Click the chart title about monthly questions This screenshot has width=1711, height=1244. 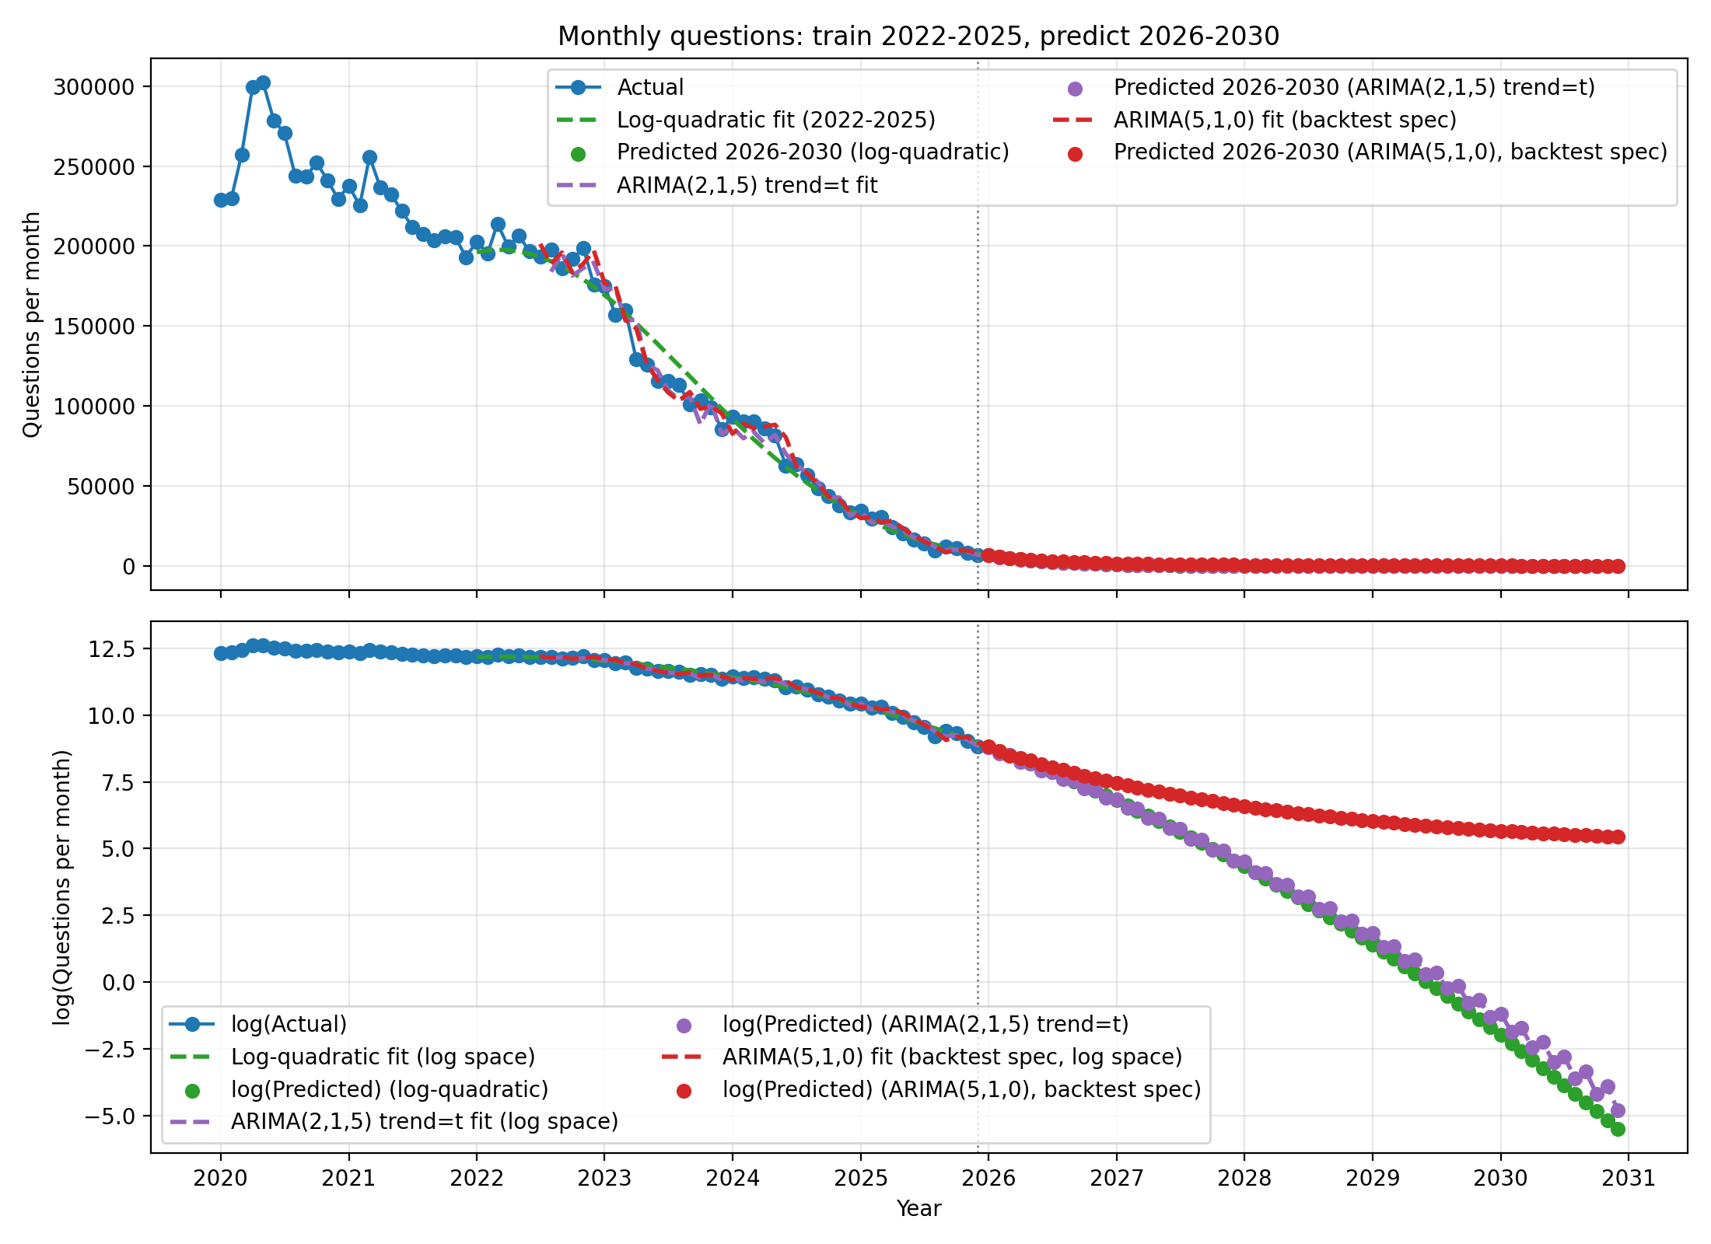tap(918, 37)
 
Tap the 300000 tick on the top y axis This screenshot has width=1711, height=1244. tap(93, 86)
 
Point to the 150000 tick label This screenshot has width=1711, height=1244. tap(93, 327)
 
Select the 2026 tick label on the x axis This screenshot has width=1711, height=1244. tap(988, 1178)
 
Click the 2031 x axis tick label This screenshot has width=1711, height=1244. tap(1629, 1178)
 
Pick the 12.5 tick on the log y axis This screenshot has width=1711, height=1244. tap(111, 648)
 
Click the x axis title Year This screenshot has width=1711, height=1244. tap(918, 1208)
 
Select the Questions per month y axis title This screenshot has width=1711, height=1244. tap(31, 324)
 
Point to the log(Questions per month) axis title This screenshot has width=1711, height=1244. tap(62, 887)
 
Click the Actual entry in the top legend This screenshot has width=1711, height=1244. tap(650, 87)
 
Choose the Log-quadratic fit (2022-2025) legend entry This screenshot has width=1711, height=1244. tap(775, 120)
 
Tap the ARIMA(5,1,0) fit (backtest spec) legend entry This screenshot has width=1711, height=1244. tap(1284, 120)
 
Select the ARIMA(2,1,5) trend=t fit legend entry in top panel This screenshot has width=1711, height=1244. tap(747, 185)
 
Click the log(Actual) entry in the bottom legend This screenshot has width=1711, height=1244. tap(289, 1024)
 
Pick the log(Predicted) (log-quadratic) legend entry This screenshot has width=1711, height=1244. tap(389, 1089)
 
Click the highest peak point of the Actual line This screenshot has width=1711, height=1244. tap(264, 82)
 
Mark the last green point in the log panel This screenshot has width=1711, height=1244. tap(1618, 1129)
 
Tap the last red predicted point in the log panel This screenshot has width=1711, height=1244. tap(1618, 837)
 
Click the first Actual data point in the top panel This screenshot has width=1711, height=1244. tap(221, 200)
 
